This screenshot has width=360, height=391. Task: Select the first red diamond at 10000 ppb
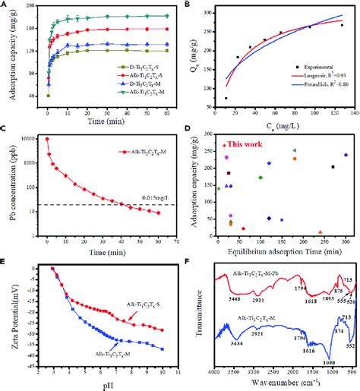(x=47, y=139)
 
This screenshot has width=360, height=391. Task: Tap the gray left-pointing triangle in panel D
(x=294, y=150)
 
